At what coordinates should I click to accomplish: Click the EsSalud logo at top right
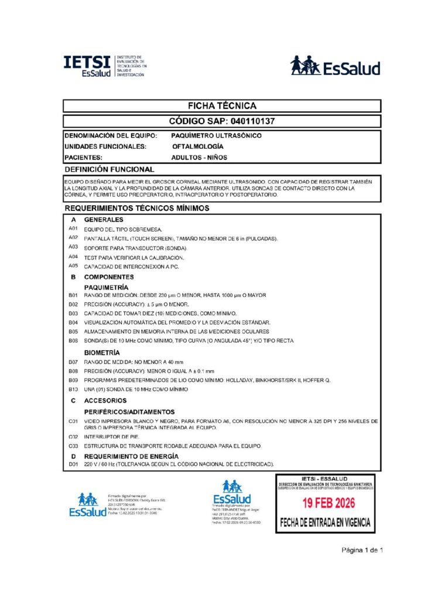coord(335,66)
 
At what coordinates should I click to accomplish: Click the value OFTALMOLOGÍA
coord(197,146)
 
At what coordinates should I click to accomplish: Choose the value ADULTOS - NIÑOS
coord(199,157)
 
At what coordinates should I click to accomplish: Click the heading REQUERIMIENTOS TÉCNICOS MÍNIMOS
coord(136,208)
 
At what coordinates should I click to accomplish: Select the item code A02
coord(73,238)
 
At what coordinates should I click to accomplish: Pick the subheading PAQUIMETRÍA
coord(107,288)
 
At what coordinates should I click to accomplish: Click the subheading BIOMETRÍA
coord(102,353)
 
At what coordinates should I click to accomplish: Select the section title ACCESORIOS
coord(105,401)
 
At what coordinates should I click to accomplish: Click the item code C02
coord(73,437)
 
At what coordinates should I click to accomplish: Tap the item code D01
coord(73,465)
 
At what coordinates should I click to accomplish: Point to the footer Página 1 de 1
coord(363,550)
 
